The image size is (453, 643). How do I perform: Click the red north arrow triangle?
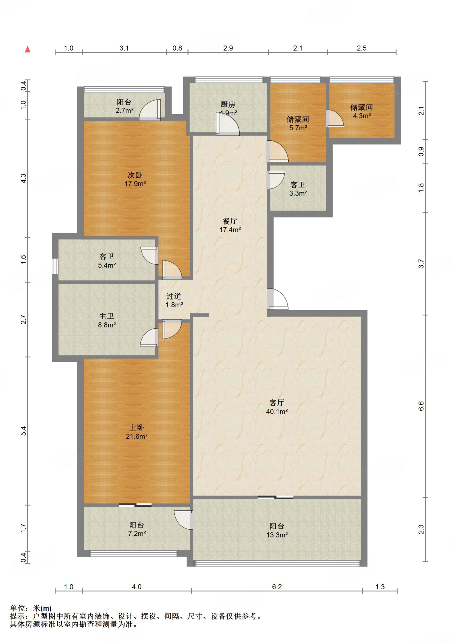tap(28, 49)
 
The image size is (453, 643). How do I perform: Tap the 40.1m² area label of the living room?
tap(277, 412)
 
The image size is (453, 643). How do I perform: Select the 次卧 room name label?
tap(135, 175)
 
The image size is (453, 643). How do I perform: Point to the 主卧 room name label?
tap(137, 428)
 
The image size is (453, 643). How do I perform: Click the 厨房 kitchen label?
tap(228, 104)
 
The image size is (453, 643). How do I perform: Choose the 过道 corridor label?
tap(174, 296)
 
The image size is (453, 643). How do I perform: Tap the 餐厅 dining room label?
tap(230, 221)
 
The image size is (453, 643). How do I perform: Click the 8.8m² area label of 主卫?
tap(107, 325)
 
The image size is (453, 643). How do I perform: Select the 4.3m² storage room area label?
tap(362, 116)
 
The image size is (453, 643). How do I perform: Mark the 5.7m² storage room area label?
tap(298, 128)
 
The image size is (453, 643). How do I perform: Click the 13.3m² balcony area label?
tap(277, 535)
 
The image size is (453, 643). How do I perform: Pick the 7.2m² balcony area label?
tap(137, 533)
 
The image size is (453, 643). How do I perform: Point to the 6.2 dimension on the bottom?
tap(277, 587)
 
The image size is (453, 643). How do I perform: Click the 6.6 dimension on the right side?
tap(421, 406)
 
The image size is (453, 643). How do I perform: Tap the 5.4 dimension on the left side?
tap(24, 431)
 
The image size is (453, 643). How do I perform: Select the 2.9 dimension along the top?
tap(228, 48)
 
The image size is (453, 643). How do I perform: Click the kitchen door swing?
tap(227, 124)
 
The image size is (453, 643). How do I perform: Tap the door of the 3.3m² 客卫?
tap(276, 180)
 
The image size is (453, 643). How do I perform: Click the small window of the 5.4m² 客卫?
tap(55, 266)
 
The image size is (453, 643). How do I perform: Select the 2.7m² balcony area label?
tap(124, 111)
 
